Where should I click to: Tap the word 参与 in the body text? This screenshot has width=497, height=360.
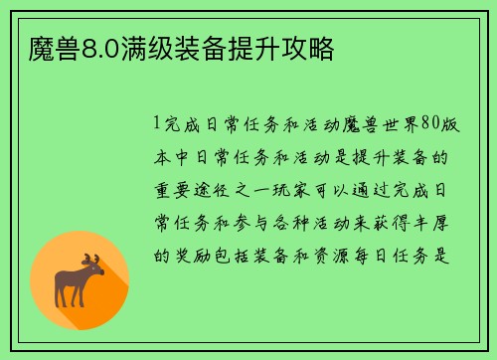(x=258, y=222)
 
